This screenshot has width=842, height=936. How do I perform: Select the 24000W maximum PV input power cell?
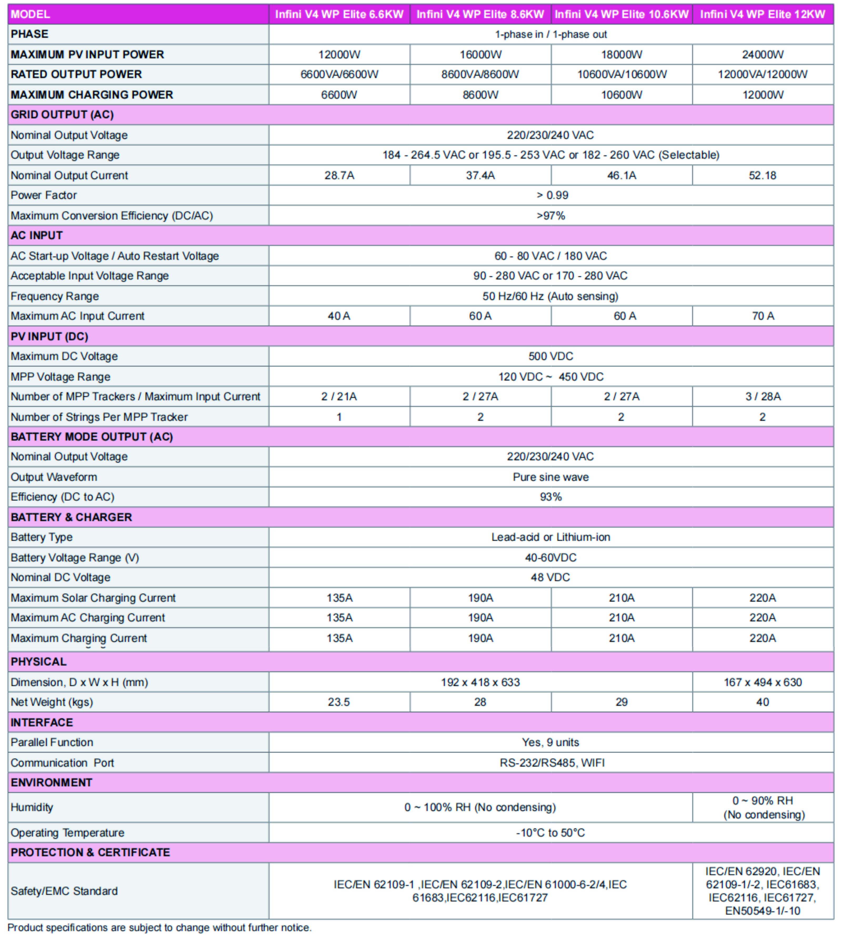click(763, 54)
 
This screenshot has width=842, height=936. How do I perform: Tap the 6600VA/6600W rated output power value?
click(339, 74)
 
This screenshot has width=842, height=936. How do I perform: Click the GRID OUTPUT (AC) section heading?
click(62, 115)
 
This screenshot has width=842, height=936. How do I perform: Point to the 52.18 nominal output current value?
click(763, 175)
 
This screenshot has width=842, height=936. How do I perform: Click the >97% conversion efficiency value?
click(550, 215)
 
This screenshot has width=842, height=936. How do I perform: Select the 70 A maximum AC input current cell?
click(763, 316)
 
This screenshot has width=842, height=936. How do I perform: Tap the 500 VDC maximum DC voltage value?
click(550, 356)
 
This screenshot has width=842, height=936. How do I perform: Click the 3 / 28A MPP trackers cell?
click(763, 396)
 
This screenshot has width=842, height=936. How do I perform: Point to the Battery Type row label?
click(42, 537)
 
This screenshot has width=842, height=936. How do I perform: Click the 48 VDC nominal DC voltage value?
click(550, 577)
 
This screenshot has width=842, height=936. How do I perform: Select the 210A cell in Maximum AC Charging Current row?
click(621, 617)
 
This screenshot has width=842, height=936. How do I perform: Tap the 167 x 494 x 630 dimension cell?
click(763, 682)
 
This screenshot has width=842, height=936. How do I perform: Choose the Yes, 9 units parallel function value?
click(550, 742)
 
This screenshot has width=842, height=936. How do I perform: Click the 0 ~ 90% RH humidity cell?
click(763, 807)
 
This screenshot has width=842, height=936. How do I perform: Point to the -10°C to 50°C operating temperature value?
click(550, 832)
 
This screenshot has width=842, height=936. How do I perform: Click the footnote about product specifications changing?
click(160, 928)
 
